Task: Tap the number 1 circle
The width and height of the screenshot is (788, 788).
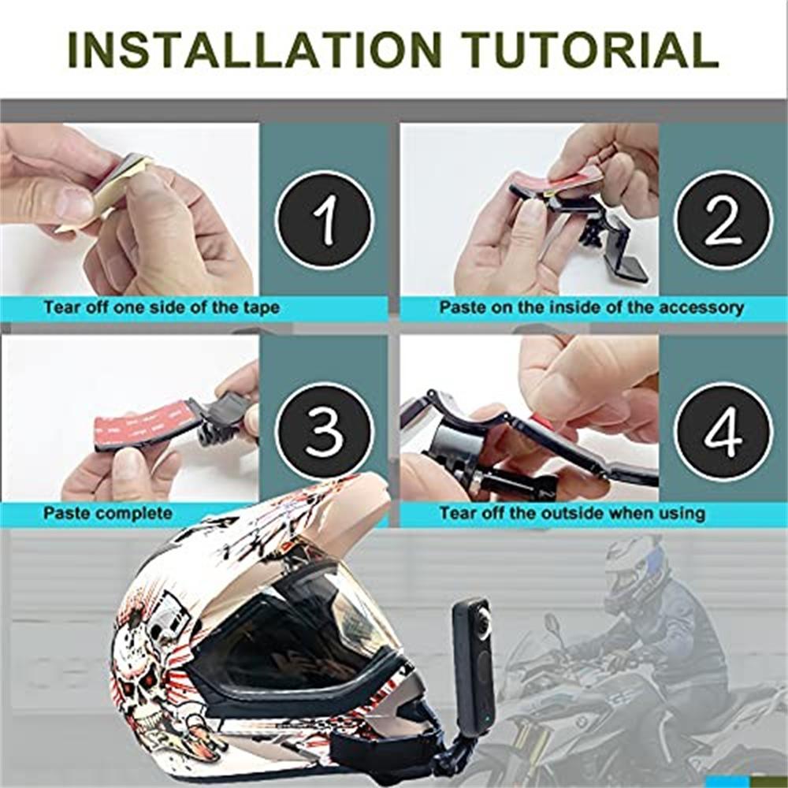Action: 324,220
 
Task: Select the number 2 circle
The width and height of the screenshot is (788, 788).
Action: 723,220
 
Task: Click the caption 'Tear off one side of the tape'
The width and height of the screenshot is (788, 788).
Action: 162,307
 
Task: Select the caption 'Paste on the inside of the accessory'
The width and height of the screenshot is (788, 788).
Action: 591,307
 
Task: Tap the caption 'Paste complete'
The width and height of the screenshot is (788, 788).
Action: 108,514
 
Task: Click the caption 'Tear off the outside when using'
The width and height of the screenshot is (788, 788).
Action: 571,514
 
